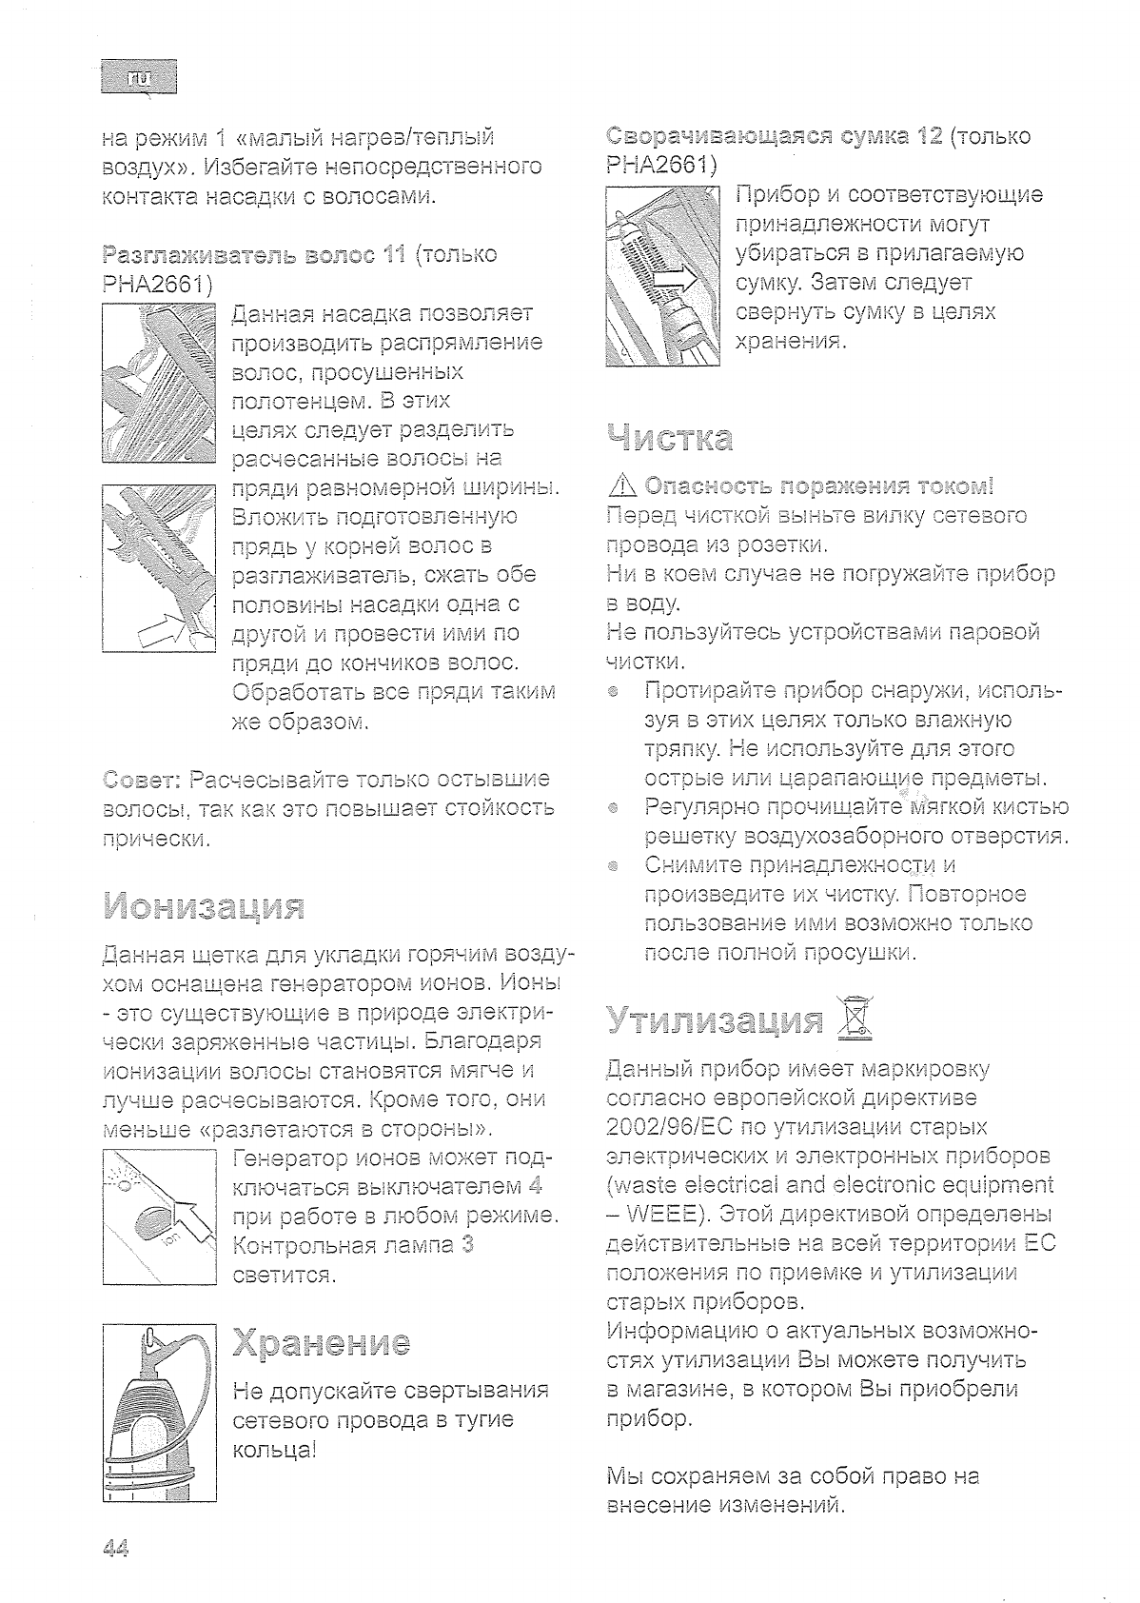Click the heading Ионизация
pyautogui.click(x=203, y=906)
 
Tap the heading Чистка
pyautogui.click(x=669, y=439)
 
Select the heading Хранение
pyautogui.click(x=321, y=1343)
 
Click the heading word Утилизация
pyautogui.click(x=714, y=1020)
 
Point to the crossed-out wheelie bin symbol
pyautogui.click(x=853, y=1018)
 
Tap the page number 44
pyautogui.click(x=114, y=1548)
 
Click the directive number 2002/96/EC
pyautogui.click(x=666, y=1127)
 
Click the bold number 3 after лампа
pyautogui.click(x=467, y=1245)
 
